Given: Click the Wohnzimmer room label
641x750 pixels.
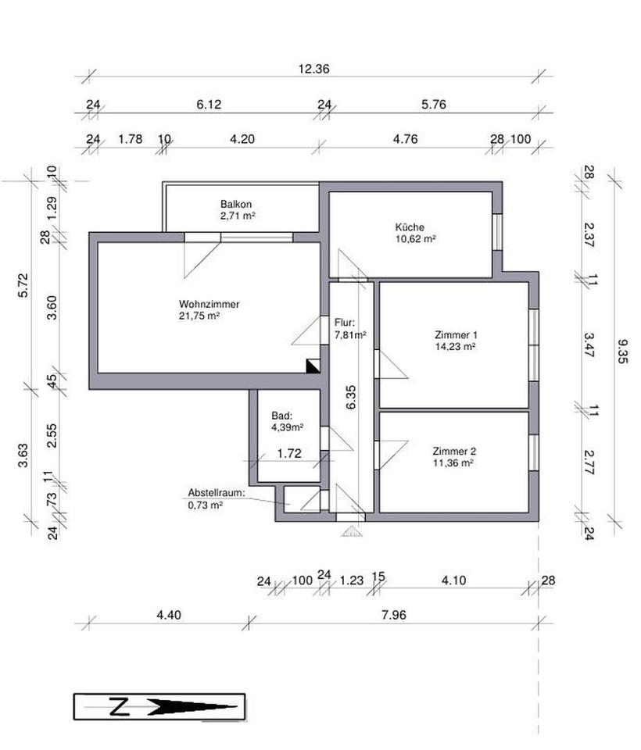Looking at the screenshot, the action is (x=209, y=304).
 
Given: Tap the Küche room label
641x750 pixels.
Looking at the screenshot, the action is (x=410, y=227).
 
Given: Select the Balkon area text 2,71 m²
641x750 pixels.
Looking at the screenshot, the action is (x=238, y=216).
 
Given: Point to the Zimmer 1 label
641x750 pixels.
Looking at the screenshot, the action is (x=456, y=335).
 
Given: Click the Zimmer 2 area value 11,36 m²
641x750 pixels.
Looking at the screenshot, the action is (x=453, y=463).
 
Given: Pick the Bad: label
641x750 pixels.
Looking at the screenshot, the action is (x=281, y=416).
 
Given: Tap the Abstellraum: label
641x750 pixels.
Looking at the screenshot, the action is (x=217, y=493).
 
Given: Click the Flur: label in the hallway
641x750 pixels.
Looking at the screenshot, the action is (x=345, y=323).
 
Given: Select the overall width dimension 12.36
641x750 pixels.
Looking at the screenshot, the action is (x=313, y=69).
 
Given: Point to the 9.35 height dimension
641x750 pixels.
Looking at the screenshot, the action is (x=622, y=352).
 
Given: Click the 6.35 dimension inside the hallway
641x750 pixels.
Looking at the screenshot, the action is (x=351, y=397).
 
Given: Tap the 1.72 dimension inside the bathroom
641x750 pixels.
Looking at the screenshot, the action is (x=289, y=453).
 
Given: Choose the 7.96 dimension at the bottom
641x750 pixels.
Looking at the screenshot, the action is (x=394, y=615).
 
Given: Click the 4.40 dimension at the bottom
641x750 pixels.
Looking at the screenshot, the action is (x=169, y=615).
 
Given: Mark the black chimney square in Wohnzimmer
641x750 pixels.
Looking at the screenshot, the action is (x=313, y=366).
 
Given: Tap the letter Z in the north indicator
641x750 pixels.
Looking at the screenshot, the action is (x=120, y=707).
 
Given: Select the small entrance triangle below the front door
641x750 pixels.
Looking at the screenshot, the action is (x=350, y=531).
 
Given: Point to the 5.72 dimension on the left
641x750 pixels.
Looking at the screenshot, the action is (x=23, y=285).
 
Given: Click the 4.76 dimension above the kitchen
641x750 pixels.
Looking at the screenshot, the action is (x=405, y=139).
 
